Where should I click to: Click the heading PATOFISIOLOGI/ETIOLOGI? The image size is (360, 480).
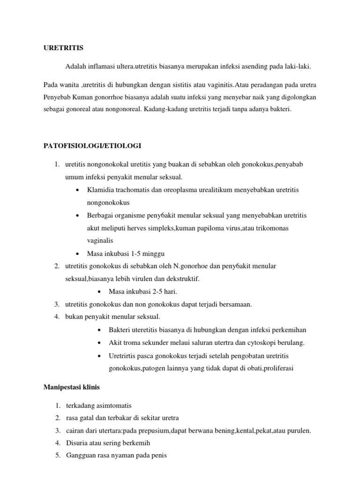click(92, 146)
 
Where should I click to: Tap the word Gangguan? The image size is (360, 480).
click(81, 455)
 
